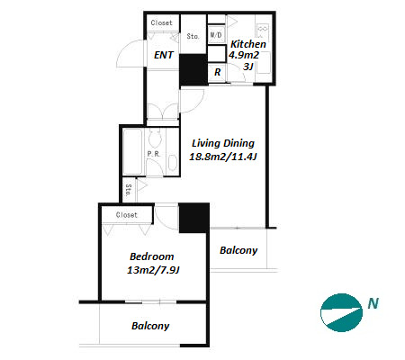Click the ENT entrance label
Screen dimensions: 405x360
point(164,55)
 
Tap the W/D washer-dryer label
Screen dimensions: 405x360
point(216,35)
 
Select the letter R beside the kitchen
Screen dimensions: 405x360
point(218,72)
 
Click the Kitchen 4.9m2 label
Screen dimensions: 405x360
point(246,49)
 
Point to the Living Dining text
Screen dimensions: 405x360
point(223,143)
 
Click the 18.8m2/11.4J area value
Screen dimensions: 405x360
point(223,157)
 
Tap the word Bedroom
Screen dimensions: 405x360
point(151,256)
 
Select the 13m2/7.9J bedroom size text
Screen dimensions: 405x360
point(153,270)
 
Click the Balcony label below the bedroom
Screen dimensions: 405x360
point(150,326)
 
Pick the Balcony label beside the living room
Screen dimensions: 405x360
point(238,250)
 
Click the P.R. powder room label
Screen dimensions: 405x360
point(154,154)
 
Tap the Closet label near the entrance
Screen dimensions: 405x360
point(161,22)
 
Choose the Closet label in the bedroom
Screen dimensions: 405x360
point(127,215)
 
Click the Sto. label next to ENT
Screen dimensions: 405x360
point(193,36)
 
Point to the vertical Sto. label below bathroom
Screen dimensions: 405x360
point(129,190)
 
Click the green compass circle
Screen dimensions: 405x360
point(341,312)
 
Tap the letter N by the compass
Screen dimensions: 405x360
point(373,303)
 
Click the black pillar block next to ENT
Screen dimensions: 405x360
point(193,69)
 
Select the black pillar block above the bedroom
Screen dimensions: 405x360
point(193,218)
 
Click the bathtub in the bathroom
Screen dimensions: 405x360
point(132,151)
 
